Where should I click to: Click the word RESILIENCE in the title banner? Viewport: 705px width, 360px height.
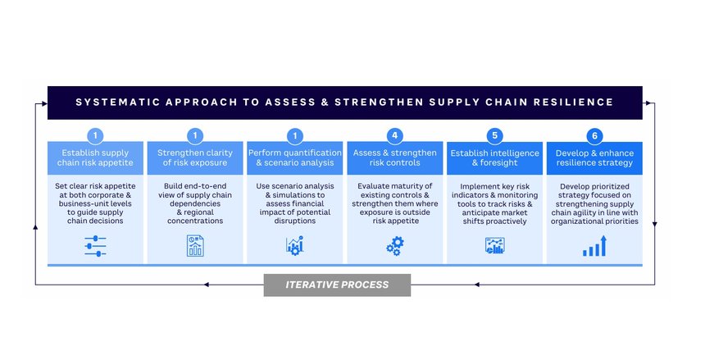573,103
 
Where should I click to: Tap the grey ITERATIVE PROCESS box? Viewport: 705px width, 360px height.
337,285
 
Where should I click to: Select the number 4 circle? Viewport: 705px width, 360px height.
395,135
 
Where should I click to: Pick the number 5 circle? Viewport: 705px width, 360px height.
494,135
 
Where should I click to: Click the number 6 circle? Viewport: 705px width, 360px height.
594,135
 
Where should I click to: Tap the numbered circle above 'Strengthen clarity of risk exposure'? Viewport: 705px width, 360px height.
195,135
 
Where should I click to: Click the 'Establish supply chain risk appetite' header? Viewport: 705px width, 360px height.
95,158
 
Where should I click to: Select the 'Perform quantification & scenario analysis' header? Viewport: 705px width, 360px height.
295,158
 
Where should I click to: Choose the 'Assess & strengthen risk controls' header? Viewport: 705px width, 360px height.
395,158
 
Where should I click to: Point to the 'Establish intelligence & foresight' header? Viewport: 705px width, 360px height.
494,158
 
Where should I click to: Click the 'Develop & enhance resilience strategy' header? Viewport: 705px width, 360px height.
594,158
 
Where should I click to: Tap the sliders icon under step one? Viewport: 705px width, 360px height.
95,246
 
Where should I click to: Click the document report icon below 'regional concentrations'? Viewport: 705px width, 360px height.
195,246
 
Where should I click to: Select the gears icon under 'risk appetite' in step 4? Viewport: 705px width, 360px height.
395,246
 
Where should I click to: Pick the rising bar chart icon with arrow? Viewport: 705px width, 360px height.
594,246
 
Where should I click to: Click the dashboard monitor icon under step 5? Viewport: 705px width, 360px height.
494,246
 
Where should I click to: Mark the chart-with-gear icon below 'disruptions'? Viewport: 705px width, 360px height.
295,246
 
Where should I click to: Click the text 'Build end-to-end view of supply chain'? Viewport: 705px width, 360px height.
195,190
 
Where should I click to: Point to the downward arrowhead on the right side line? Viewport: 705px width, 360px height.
655,224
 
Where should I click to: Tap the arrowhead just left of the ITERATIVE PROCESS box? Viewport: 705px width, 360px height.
206,285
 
